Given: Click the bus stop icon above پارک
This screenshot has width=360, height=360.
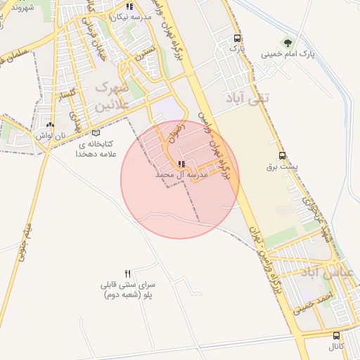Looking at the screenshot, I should tap(238, 39).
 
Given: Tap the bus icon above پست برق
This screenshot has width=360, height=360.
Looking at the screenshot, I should tap(283, 156).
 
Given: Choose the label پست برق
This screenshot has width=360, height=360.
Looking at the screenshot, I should tap(282, 167).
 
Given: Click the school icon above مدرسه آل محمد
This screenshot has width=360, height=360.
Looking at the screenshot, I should tap(182, 164).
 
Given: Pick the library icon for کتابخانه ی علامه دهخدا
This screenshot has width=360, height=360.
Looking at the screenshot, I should tap(96, 133).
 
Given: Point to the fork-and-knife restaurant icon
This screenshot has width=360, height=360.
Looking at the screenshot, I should tap(127, 274).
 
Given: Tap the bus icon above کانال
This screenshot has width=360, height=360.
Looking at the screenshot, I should tap(337, 336).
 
